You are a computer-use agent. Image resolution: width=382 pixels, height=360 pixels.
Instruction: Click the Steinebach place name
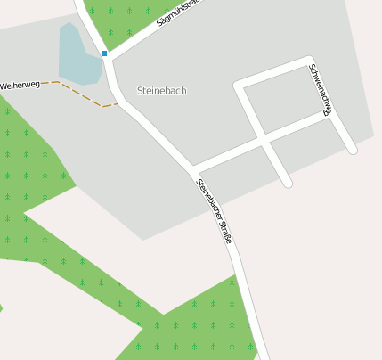click(x=162, y=91)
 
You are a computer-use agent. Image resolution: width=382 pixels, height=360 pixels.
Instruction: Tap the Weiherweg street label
click(x=20, y=85)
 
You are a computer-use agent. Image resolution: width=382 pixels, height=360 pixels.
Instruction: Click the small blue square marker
click(x=104, y=53)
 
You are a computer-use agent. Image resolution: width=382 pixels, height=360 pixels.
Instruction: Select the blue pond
click(x=77, y=58)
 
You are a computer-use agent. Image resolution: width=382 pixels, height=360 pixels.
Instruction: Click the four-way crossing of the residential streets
click(x=264, y=141)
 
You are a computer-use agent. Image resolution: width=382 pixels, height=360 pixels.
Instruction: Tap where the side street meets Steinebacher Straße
click(x=193, y=168)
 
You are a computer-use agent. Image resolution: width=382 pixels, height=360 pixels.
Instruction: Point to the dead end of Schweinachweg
click(x=353, y=151)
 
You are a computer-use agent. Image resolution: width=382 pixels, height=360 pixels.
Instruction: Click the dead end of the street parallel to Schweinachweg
click(x=287, y=184)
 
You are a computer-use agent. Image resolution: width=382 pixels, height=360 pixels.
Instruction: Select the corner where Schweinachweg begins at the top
click(x=309, y=61)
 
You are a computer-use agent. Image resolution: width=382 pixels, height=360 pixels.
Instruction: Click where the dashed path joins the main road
click(x=117, y=104)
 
